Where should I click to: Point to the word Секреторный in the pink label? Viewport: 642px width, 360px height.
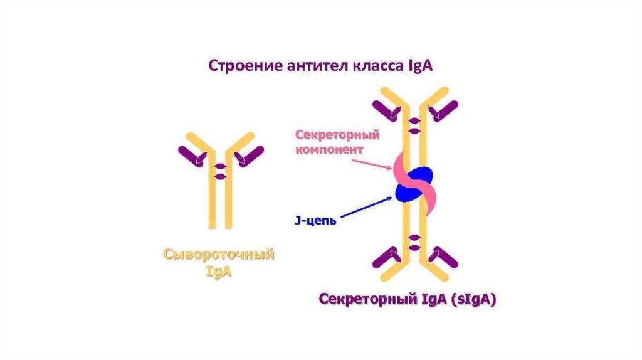click(329, 135)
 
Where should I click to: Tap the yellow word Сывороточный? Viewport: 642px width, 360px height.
click(219, 255)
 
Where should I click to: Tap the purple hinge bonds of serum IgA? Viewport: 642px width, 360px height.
click(220, 171)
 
